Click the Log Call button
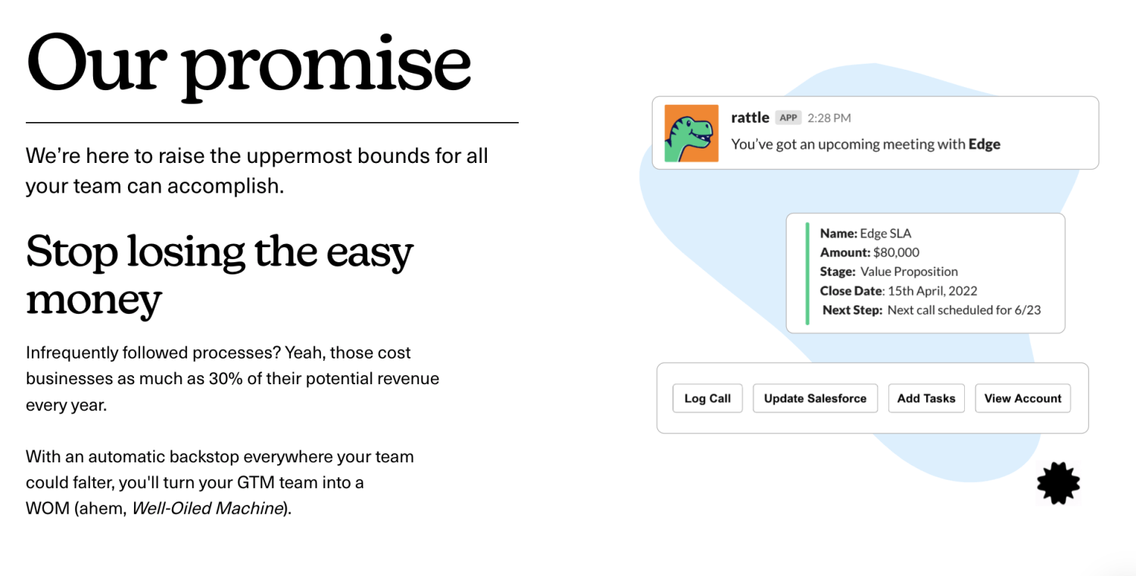(x=707, y=399)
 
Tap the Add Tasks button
(x=926, y=399)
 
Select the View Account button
(x=1022, y=399)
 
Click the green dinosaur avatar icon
(x=691, y=133)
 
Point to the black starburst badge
(x=1059, y=483)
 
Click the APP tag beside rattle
(x=788, y=117)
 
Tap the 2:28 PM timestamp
(x=829, y=118)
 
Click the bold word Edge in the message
(x=985, y=145)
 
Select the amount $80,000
(x=896, y=252)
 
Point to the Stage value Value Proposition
(x=909, y=272)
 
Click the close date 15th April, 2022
(x=932, y=291)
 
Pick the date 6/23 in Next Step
(x=1028, y=310)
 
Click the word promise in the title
(x=326, y=67)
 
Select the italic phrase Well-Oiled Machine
(x=208, y=508)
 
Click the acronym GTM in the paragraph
(x=256, y=482)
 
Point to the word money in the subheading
(x=94, y=300)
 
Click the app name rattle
(x=750, y=117)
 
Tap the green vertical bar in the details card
(x=807, y=274)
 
